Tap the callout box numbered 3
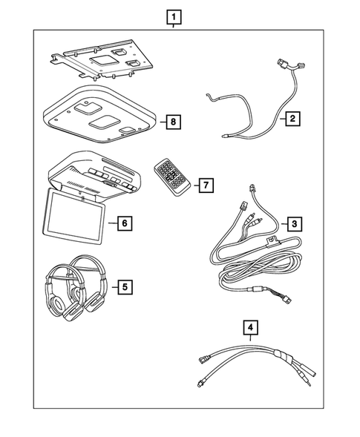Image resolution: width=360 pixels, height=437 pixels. click(x=294, y=223)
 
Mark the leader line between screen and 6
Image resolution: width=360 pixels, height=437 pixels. click(x=111, y=222)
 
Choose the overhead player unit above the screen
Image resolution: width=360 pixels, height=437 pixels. click(x=96, y=175)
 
